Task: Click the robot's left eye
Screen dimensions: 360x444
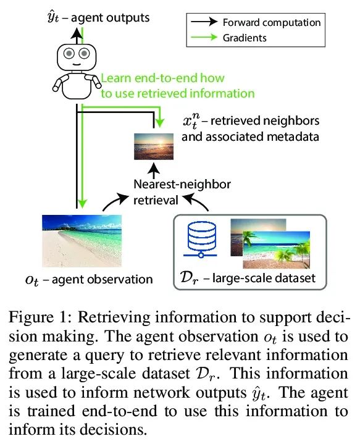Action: [x=69, y=53]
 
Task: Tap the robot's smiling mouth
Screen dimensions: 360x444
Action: [x=77, y=65]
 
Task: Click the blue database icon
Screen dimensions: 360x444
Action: [x=201, y=240]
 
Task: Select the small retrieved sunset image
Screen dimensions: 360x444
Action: [x=154, y=146]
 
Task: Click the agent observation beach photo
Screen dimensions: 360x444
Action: [x=82, y=241]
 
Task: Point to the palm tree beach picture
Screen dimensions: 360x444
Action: [x=276, y=249]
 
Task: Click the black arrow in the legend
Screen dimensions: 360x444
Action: [x=204, y=22]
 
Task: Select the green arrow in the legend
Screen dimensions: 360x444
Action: [x=204, y=37]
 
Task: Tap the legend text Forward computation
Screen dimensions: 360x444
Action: [x=272, y=22]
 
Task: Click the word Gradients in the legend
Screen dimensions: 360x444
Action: [x=245, y=38]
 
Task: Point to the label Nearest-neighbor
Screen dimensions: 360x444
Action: [x=182, y=185]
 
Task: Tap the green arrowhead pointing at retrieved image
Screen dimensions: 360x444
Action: [x=160, y=123]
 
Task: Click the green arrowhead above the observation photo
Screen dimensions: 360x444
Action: [x=82, y=203]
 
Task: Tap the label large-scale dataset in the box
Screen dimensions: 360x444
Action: [x=264, y=278]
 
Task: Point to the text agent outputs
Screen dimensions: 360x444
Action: [x=110, y=18]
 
